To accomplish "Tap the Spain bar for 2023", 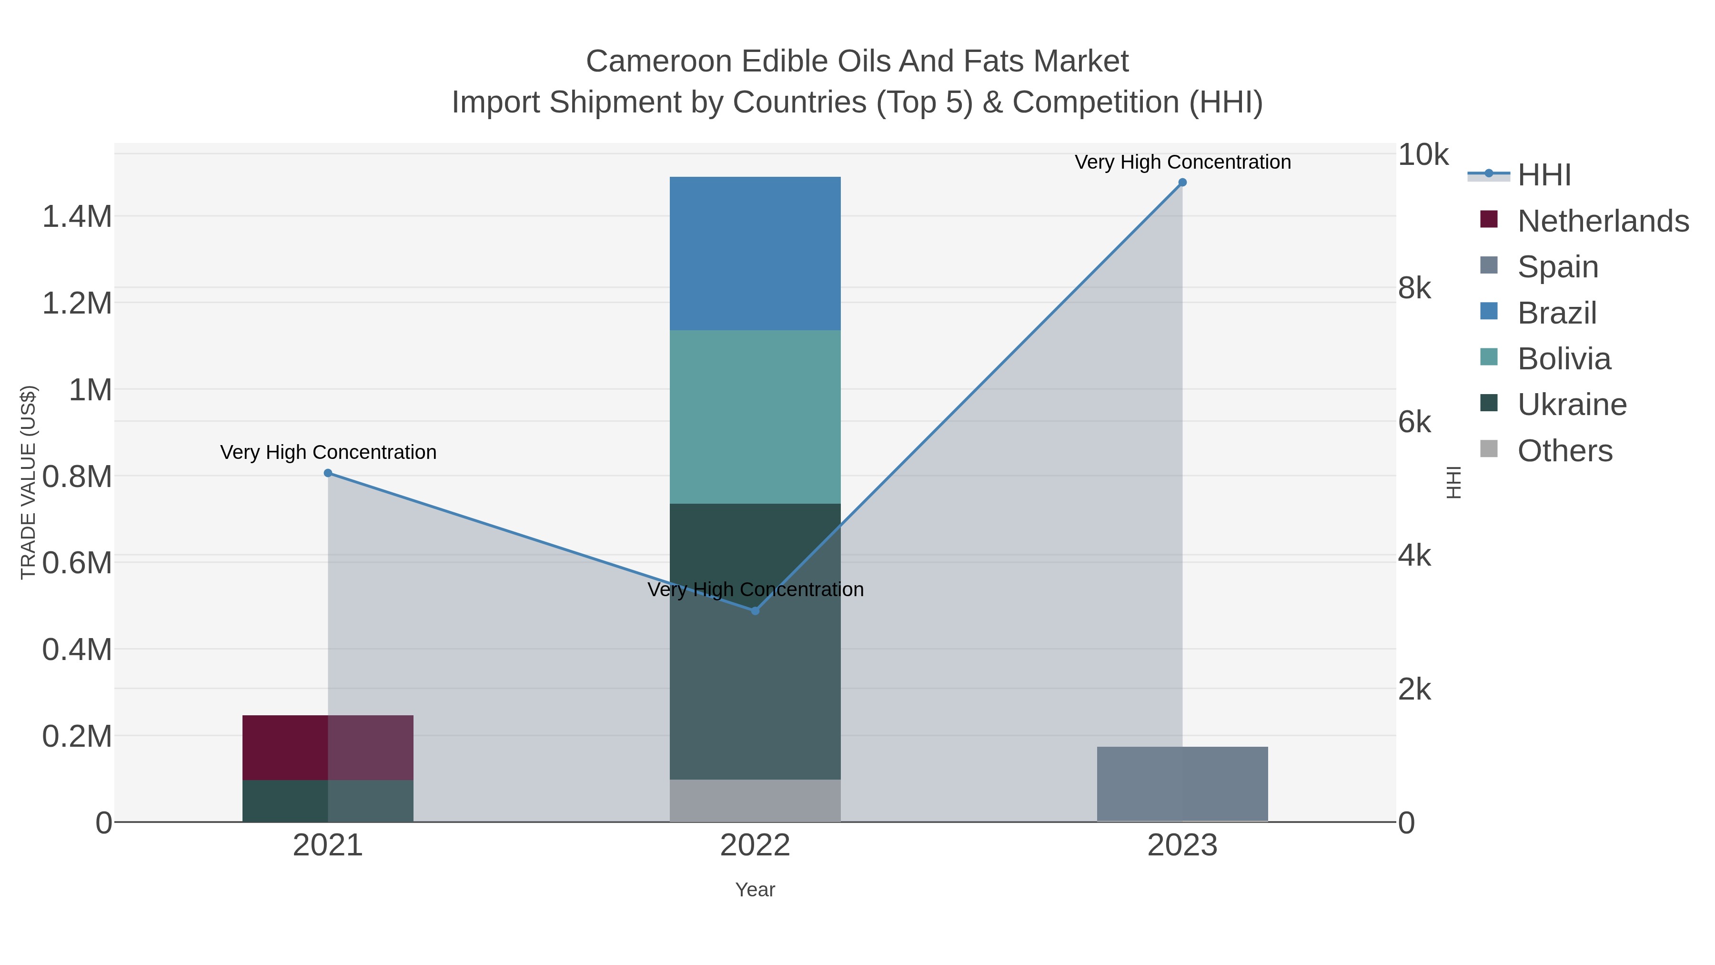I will point(1182,784).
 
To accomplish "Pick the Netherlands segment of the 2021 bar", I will point(328,747).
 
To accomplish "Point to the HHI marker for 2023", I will point(1182,183).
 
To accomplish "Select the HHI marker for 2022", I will point(755,611).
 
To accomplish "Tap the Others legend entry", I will point(1564,451).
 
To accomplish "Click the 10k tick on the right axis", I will point(1422,155).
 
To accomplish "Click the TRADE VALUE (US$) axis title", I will point(28,482).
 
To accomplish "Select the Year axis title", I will point(755,890).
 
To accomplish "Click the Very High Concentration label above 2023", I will point(1182,163).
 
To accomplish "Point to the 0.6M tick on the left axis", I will point(77,563).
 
